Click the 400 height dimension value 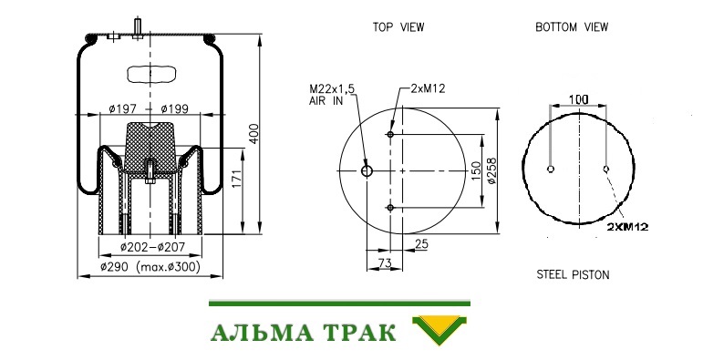point(253,134)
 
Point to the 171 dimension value point(237,178)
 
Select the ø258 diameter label point(491,170)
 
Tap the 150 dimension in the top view point(476,170)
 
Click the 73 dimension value point(385,263)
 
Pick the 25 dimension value point(421,244)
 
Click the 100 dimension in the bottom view point(578,99)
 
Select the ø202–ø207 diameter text point(152,247)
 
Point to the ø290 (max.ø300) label point(150,267)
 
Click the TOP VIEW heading point(398,27)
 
